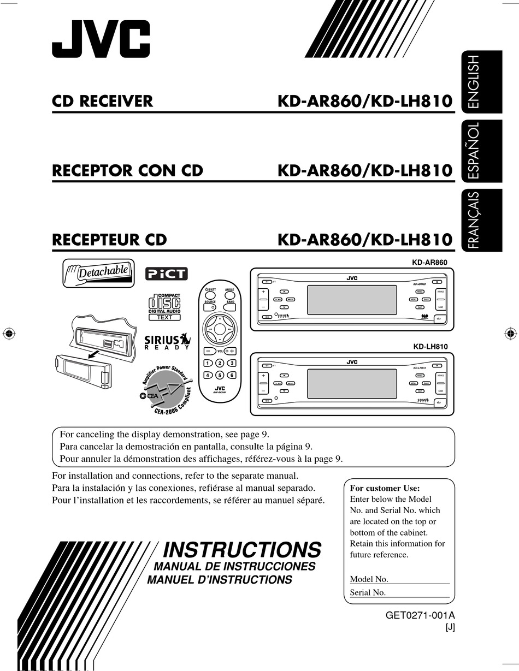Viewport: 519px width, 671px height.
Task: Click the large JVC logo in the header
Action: (x=101, y=39)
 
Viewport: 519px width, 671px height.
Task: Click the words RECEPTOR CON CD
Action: (x=127, y=171)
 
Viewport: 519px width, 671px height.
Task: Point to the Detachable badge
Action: (x=99, y=272)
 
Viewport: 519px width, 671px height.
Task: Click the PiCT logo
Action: (x=166, y=274)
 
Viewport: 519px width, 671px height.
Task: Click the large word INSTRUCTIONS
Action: (x=242, y=549)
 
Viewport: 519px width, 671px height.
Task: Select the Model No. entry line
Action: (x=418, y=580)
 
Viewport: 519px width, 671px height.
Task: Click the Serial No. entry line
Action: (x=417, y=593)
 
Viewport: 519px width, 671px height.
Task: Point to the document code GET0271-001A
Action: (x=420, y=615)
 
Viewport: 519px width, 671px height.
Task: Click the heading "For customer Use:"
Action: (x=385, y=488)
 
